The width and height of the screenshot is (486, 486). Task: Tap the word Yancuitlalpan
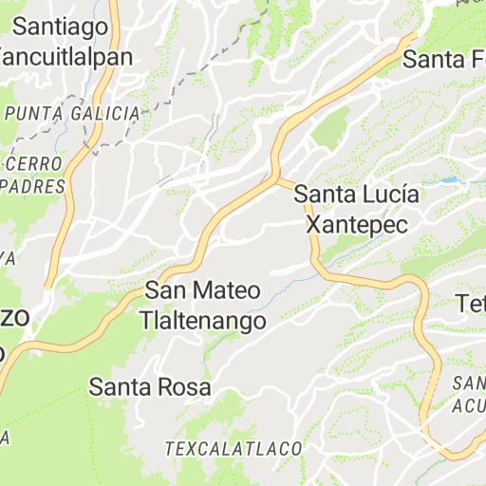(64, 56)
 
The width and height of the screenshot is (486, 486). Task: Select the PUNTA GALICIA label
(72, 114)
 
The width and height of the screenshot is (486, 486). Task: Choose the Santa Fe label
(442, 59)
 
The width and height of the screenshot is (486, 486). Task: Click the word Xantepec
(356, 224)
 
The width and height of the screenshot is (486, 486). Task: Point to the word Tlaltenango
(202, 321)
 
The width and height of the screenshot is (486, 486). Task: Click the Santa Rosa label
(150, 387)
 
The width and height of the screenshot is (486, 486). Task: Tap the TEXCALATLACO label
(234, 447)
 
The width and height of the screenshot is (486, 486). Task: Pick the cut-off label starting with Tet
(471, 305)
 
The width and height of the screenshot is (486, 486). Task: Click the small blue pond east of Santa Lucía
(446, 179)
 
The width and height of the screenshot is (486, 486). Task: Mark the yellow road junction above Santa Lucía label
(277, 177)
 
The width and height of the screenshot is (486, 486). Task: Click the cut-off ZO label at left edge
(19, 317)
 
